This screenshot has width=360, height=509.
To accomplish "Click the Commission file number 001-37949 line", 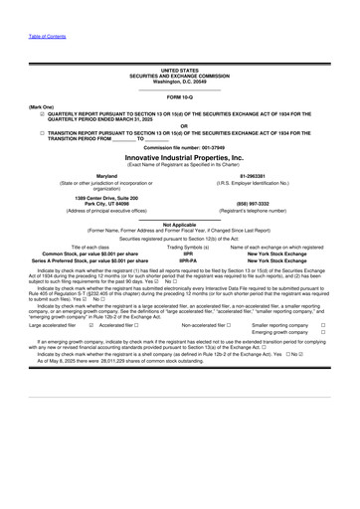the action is [180, 148].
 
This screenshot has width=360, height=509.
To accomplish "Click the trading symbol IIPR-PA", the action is [180, 259].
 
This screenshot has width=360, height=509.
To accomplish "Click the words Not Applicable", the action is [180, 225].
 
